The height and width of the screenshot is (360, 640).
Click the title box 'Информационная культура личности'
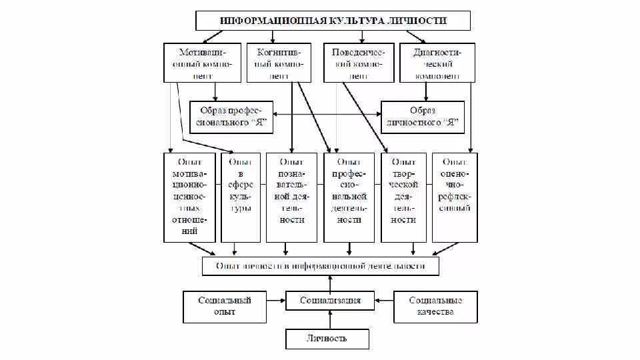pyautogui.click(x=329, y=20)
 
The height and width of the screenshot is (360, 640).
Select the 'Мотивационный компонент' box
pyautogui.click(x=202, y=63)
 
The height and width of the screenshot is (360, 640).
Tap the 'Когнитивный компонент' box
pyautogui.click(x=279, y=63)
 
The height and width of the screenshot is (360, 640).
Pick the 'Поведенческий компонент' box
pyautogui.click(x=358, y=63)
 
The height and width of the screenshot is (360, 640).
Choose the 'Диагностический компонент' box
pyautogui.click(x=437, y=63)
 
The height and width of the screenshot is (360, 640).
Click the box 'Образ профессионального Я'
pyautogui.click(x=226, y=116)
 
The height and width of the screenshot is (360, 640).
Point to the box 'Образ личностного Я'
pyautogui.click(x=422, y=116)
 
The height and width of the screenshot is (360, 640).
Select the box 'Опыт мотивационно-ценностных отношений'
pyautogui.click(x=189, y=197)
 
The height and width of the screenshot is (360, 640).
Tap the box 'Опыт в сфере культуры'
pyautogui.click(x=240, y=197)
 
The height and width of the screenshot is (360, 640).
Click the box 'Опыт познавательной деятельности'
pyautogui.click(x=291, y=197)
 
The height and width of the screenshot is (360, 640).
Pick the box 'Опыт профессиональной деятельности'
pyautogui.click(x=349, y=197)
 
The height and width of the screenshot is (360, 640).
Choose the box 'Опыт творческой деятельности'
pyautogui.click(x=404, y=197)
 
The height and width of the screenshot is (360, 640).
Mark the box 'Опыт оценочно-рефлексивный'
pyautogui.click(x=455, y=197)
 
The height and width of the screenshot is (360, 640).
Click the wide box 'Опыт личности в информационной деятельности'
pyautogui.click(x=321, y=266)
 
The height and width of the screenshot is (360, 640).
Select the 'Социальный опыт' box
pyautogui.click(x=226, y=306)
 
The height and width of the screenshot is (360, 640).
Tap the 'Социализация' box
pyautogui.click(x=329, y=301)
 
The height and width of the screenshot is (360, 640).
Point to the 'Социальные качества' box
pyautogui.click(x=436, y=306)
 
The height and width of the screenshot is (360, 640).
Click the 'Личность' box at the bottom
pyautogui.click(x=327, y=339)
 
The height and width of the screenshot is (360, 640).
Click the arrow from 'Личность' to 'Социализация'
pyautogui.click(x=329, y=319)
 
